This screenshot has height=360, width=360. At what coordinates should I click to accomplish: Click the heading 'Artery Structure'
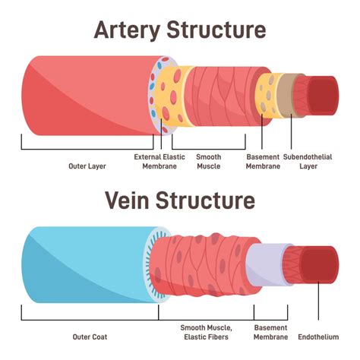(x=180, y=30)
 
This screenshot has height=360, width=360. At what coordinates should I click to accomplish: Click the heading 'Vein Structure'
(x=180, y=201)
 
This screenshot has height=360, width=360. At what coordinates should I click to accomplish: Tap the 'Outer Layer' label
(x=87, y=166)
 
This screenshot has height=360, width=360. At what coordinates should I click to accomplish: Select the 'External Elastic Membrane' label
(x=159, y=162)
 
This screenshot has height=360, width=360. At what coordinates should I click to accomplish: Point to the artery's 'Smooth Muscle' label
(x=209, y=162)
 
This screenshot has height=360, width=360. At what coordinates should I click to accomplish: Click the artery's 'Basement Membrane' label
(x=263, y=162)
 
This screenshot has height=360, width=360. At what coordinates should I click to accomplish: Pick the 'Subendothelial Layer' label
(x=308, y=162)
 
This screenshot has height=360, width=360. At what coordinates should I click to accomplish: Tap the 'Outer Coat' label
(x=90, y=337)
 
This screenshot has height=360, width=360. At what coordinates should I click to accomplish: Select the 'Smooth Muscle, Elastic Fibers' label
(x=207, y=333)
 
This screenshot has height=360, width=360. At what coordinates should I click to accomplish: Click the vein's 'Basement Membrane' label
(x=271, y=333)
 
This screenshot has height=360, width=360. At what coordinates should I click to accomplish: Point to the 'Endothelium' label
(x=318, y=337)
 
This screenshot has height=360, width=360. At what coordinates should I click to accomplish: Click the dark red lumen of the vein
(x=321, y=264)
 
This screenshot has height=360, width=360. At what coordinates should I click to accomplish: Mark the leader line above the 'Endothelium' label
(x=318, y=302)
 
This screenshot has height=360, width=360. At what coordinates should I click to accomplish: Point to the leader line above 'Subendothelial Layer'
(x=291, y=131)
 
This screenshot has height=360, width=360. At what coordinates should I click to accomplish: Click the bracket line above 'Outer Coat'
(x=90, y=320)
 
